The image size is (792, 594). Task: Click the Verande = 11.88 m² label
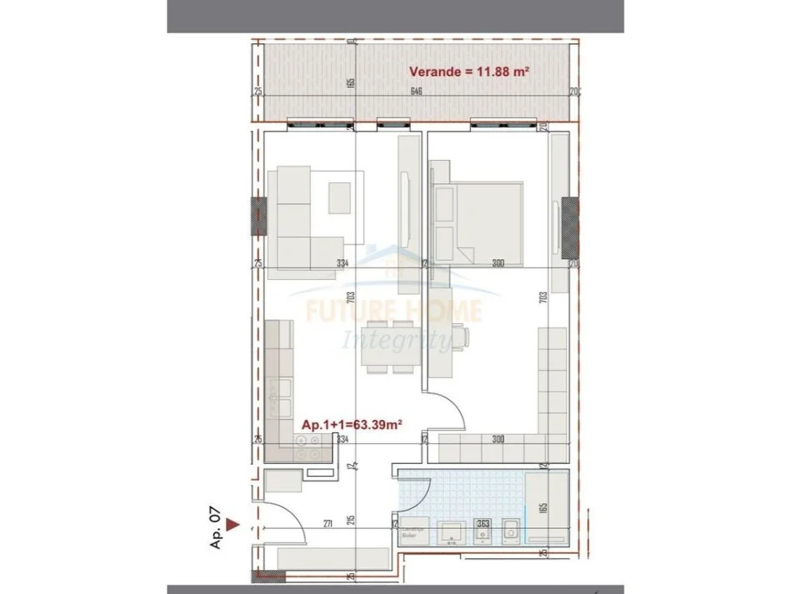pos(469,72)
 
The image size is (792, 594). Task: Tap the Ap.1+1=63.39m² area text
pos(352,423)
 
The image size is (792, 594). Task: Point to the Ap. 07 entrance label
pos(217,532)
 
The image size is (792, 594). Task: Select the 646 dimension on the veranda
pos(415,92)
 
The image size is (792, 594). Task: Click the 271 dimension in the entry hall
pos(329,523)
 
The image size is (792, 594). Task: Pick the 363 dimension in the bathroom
pos(482,523)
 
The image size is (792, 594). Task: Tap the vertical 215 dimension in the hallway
pos(352,520)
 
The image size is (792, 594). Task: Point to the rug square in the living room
pos(340,198)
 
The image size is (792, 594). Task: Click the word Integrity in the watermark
pos(397,339)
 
